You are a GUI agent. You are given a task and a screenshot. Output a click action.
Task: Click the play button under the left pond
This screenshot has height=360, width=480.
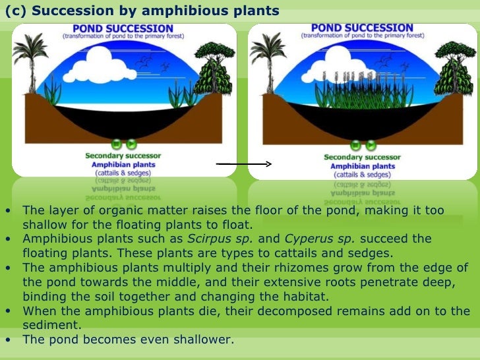pos(131,143)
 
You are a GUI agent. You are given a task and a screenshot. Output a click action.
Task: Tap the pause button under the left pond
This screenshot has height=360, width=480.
pos(117,143)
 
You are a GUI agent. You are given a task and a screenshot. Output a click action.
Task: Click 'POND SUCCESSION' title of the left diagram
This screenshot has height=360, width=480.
pos(123,29)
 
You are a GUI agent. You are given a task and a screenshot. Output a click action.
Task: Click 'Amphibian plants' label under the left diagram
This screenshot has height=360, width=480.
pos(123,164)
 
